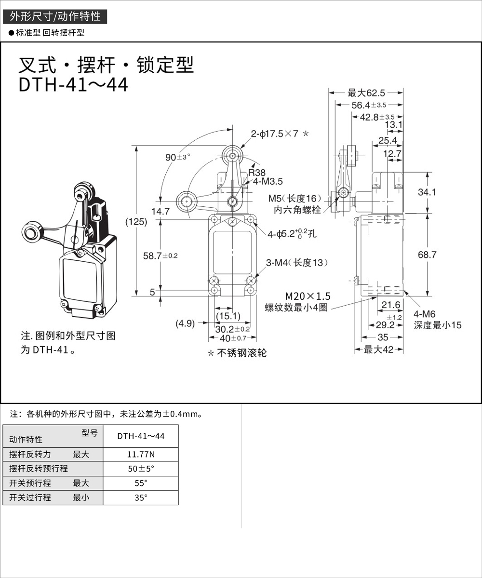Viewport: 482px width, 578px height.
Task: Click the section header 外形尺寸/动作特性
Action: (55, 16)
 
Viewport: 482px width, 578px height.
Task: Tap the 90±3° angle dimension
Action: (177, 157)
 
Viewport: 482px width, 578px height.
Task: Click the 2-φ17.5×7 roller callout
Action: (280, 134)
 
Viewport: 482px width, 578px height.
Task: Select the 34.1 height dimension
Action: (427, 192)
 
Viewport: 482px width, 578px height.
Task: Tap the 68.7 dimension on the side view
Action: (427, 255)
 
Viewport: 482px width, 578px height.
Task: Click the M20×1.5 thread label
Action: (308, 296)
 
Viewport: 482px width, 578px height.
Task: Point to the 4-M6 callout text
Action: (424, 314)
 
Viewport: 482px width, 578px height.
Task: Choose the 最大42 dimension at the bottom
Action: (378, 349)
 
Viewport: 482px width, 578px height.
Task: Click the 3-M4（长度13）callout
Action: (297, 263)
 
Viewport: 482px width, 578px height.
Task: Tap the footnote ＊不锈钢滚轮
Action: (237, 353)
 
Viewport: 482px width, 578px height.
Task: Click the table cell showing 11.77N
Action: (141, 454)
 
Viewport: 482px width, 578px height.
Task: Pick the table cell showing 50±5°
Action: (141, 469)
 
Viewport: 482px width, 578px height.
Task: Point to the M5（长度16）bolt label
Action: (298, 199)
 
